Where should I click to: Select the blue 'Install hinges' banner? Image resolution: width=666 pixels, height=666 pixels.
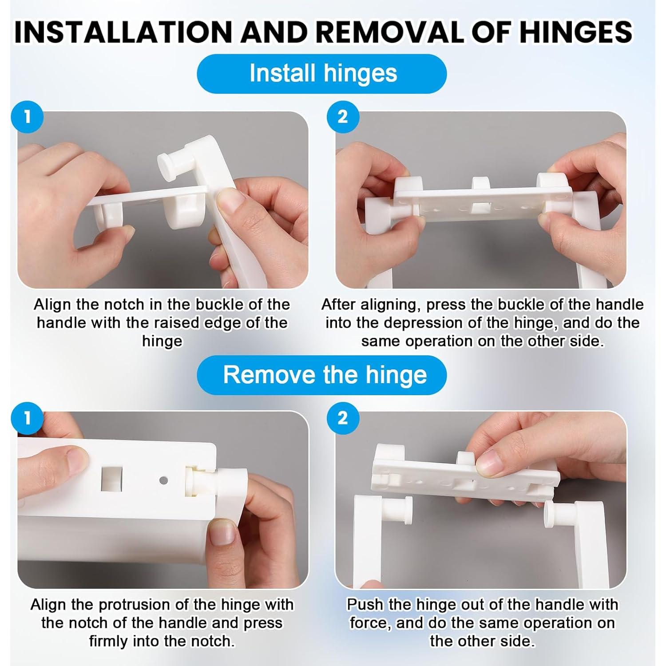(322, 73)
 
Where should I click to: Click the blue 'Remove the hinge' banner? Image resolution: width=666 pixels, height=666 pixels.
(322, 375)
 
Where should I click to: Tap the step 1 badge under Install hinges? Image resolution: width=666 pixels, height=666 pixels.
(28, 117)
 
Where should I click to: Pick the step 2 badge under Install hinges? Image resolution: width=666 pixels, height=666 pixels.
(343, 117)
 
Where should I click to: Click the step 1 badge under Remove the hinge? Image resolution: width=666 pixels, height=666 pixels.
(28, 418)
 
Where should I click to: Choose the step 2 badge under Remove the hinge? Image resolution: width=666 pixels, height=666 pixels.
(343, 418)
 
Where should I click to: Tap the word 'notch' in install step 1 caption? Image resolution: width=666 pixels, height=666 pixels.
(124, 305)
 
